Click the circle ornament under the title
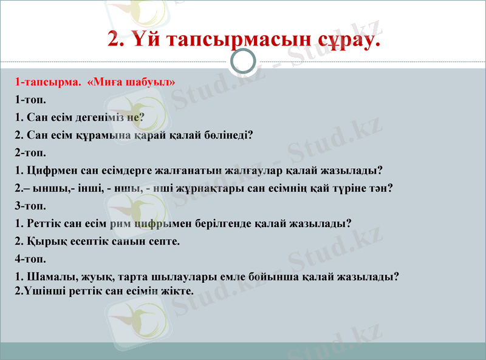(x=244, y=61)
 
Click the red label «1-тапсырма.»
(x=49, y=81)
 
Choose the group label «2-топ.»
(x=31, y=152)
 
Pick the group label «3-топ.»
(x=31, y=206)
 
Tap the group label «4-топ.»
(x=31, y=259)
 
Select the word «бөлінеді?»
(x=229, y=135)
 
